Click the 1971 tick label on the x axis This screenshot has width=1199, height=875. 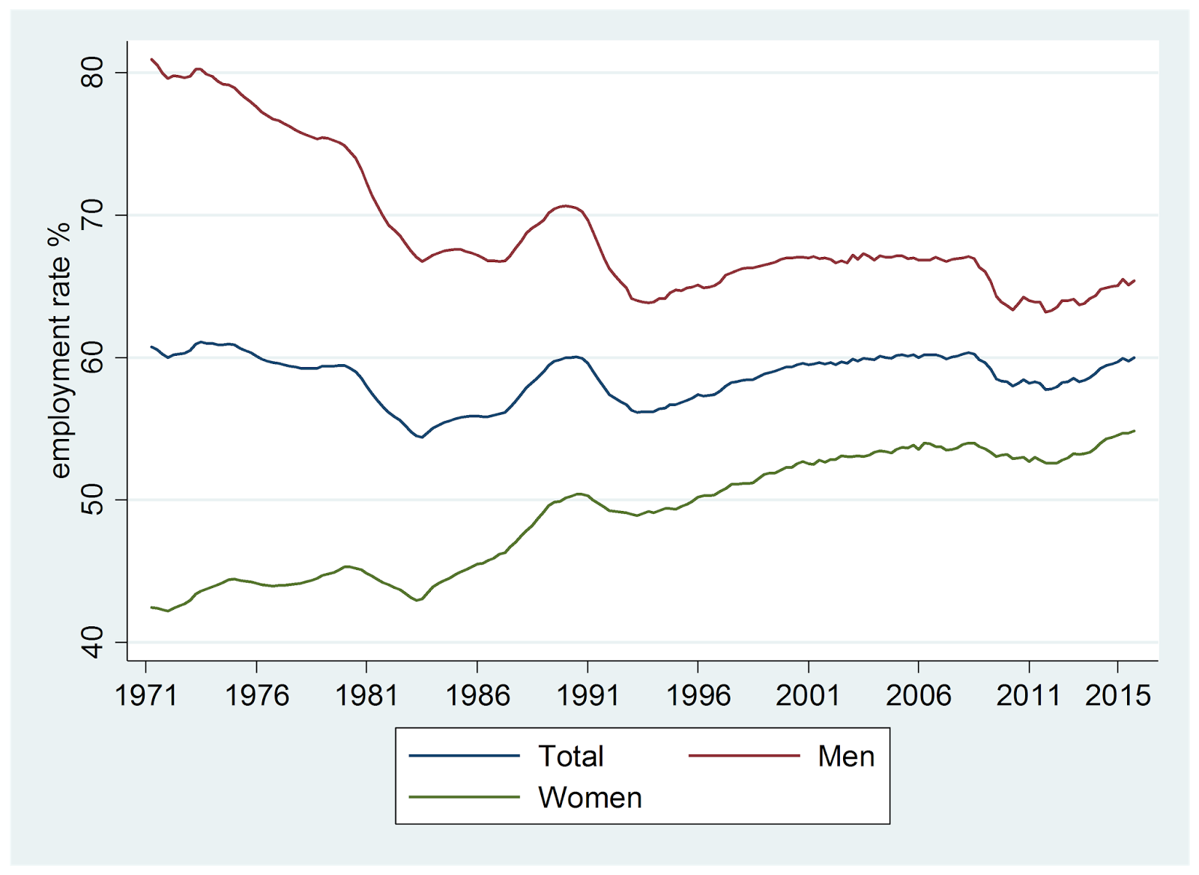pyautogui.click(x=146, y=696)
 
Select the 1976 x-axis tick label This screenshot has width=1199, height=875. pyautogui.click(x=257, y=696)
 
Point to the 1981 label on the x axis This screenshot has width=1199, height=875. pyautogui.click(x=366, y=696)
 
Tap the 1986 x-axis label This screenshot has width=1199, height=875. pyautogui.click(x=477, y=696)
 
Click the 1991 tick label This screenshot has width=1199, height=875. pyautogui.click(x=588, y=696)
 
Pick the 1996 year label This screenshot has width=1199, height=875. pyautogui.click(x=698, y=696)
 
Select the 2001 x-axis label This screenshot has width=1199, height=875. pyautogui.click(x=808, y=696)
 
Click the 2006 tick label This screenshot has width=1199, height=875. pyautogui.click(x=918, y=696)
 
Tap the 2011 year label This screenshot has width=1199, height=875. pyautogui.click(x=1028, y=696)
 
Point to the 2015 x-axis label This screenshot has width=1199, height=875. pyautogui.click(x=1117, y=696)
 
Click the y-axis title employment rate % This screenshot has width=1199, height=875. pyautogui.click(x=59, y=351)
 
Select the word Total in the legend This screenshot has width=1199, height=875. pyautogui.click(x=570, y=757)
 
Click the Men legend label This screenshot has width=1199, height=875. pyautogui.click(x=846, y=757)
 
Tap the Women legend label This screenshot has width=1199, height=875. pyautogui.click(x=590, y=798)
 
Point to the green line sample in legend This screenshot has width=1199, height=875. pyautogui.click(x=464, y=797)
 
